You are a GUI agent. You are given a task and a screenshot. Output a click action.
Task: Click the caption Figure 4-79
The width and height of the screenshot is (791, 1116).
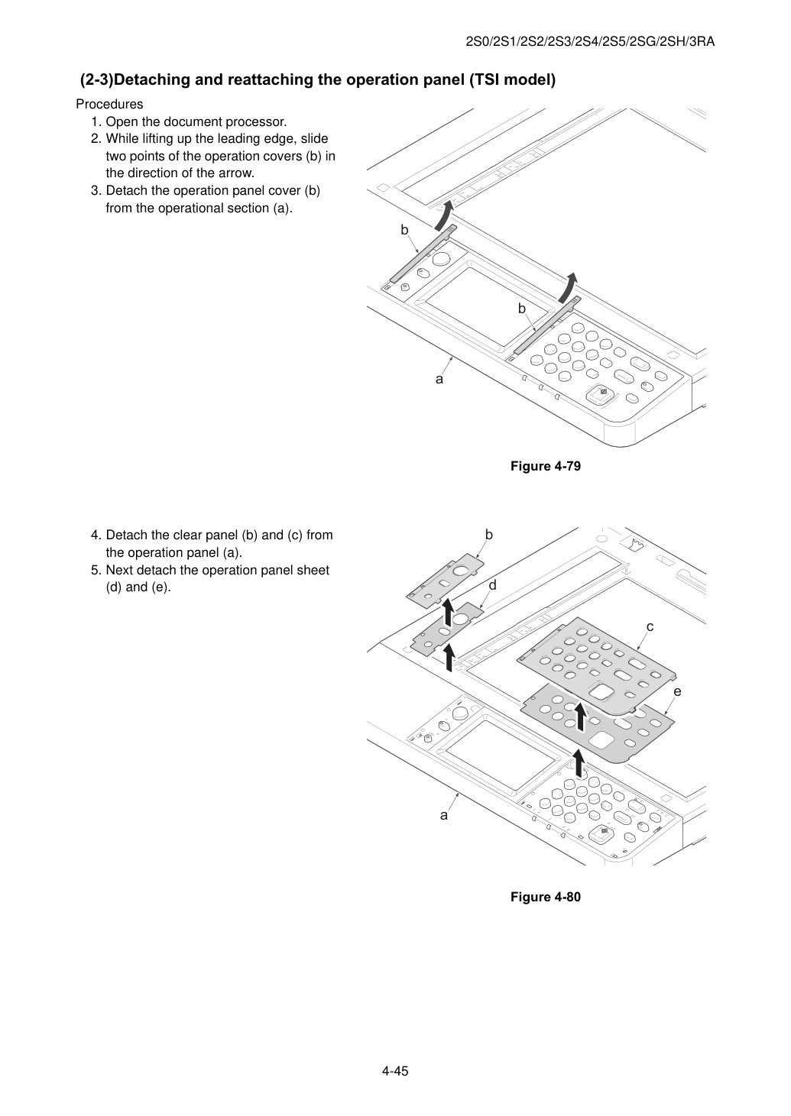(x=545, y=466)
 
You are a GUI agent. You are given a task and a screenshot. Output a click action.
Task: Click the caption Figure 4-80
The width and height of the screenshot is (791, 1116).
(x=545, y=897)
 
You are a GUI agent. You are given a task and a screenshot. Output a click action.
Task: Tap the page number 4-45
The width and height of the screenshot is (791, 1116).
(x=395, y=1071)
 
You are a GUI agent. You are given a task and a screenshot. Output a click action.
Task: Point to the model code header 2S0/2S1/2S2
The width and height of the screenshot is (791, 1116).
(x=590, y=42)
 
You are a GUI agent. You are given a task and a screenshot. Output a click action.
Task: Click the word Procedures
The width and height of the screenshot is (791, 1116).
(x=109, y=104)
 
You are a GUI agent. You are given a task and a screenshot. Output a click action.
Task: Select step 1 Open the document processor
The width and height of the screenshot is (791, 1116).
(x=189, y=121)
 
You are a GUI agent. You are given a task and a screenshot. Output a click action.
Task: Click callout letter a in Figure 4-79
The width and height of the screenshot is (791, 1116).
(x=439, y=380)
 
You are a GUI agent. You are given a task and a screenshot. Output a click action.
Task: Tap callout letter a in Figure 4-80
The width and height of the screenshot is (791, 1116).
(x=443, y=816)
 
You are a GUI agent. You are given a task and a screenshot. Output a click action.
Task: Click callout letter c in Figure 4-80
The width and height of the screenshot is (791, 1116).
(x=650, y=626)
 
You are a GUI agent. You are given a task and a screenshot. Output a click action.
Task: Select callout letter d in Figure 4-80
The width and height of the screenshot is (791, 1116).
(x=492, y=585)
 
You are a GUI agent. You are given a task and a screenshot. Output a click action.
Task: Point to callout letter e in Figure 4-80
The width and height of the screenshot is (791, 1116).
(x=677, y=691)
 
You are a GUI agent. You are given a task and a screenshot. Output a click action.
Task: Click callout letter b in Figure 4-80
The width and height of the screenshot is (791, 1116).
(x=489, y=535)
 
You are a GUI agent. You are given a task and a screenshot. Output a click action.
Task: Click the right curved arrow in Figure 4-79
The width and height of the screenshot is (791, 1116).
(x=568, y=288)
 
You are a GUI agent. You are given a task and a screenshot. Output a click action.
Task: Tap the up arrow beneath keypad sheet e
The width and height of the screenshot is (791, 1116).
(x=579, y=763)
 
